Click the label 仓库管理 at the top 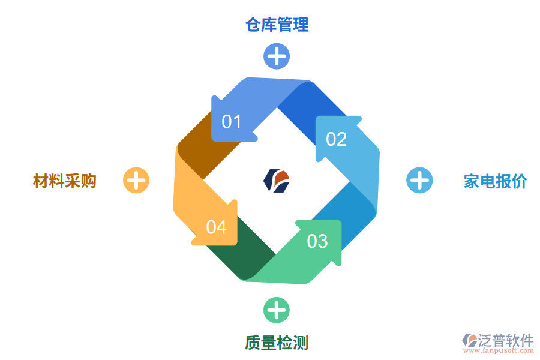[x=277, y=25]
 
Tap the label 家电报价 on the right [x=495, y=181]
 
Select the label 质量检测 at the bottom [x=277, y=343]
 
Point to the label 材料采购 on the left [x=65, y=181]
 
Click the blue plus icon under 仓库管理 [x=277, y=56]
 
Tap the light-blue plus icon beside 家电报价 [x=419, y=181]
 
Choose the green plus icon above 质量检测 [x=277, y=310]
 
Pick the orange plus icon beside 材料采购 [x=136, y=180]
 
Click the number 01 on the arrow [x=231, y=122]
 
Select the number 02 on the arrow [x=336, y=139]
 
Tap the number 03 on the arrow [x=317, y=241]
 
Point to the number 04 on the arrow [x=216, y=227]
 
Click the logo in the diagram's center [x=277, y=181]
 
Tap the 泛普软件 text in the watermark [x=505, y=340]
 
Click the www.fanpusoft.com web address [x=500, y=352]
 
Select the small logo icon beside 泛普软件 [x=469, y=341]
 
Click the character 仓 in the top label [x=253, y=25]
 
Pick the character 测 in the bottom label [x=301, y=343]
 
